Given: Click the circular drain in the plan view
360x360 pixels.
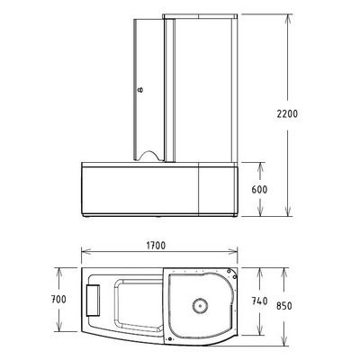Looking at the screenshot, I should [200, 308].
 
